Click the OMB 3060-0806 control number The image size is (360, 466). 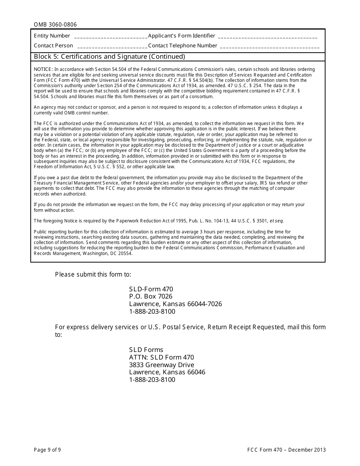click(x=55, y=25)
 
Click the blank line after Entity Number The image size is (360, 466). click(x=111, y=37)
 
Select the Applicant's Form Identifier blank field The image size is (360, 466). click(x=268, y=37)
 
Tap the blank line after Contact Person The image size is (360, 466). click(x=112, y=47)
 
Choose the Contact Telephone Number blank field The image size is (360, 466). click(x=269, y=47)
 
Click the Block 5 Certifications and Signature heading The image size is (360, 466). click(x=110, y=57)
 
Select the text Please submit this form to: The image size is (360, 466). click(x=93, y=274)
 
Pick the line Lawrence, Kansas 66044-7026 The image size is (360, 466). click(x=175, y=304)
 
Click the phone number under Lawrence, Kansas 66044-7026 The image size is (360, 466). click(x=152, y=312)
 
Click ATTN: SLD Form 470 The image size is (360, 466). click(x=161, y=357)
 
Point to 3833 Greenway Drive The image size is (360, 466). click(x=161, y=365)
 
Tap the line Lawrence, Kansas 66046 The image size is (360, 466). click(x=167, y=372)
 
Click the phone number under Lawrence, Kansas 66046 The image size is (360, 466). click(x=152, y=380)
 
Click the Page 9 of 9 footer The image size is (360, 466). click(x=47, y=450)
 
